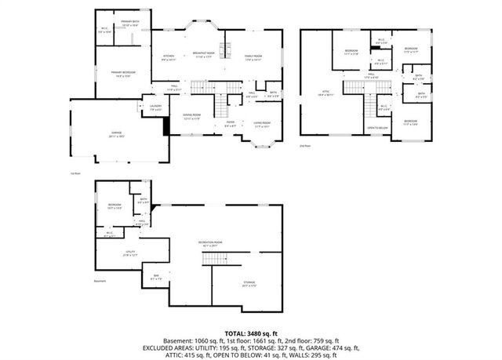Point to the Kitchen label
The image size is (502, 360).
click(x=168, y=57)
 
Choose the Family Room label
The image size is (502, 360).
click(x=253, y=57)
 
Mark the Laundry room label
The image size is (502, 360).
click(x=155, y=108)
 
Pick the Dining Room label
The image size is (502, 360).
click(x=191, y=118)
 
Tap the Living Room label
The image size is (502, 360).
click(x=261, y=124)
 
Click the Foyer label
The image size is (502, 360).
click(x=231, y=124)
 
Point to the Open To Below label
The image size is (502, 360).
click(x=378, y=127)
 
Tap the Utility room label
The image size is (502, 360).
click(x=131, y=253)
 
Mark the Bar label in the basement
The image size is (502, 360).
click(x=155, y=277)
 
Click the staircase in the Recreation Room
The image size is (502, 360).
click(x=213, y=260)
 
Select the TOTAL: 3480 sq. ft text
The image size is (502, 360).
click(x=251, y=333)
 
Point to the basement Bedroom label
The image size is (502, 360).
click(x=115, y=209)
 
